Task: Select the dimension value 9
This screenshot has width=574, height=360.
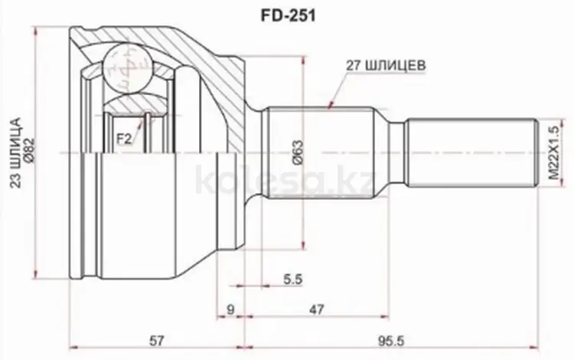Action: pyautogui.click(x=230, y=309)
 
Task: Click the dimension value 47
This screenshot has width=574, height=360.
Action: pyautogui.click(x=315, y=309)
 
